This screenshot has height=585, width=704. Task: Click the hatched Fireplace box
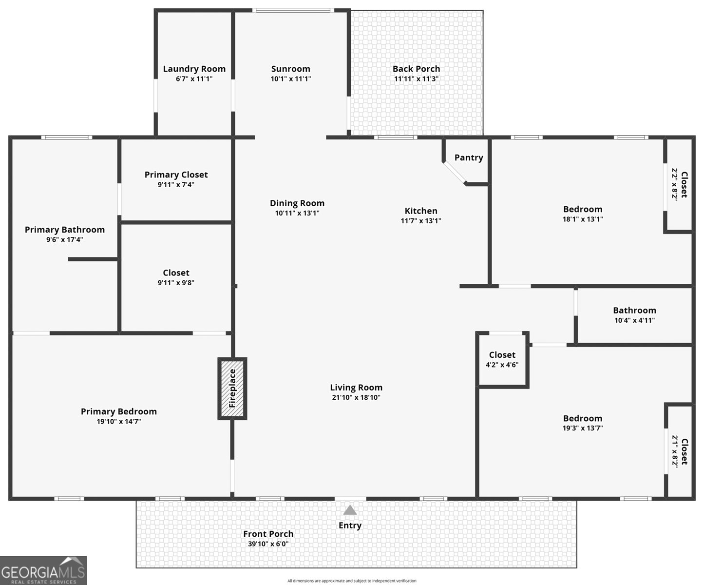(232, 389)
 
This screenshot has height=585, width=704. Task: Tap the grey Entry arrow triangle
(350, 510)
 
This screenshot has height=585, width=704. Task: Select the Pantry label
(469, 157)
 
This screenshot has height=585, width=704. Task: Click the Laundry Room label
(194, 69)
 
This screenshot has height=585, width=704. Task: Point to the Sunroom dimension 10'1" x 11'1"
(290, 78)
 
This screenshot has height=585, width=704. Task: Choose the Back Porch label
(416, 69)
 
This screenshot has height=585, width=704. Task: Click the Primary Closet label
(176, 175)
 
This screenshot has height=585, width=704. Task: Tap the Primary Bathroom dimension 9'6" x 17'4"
(65, 239)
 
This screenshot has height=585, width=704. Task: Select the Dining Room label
(297, 203)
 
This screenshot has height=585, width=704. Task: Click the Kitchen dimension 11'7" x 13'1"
(421, 220)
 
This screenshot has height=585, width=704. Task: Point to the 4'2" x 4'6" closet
(502, 360)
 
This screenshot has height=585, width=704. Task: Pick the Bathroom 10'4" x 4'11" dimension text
(634, 320)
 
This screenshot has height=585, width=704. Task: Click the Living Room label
(356, 388)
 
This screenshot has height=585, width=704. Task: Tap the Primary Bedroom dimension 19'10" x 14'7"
(119, 421)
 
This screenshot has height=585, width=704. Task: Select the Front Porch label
(268, 534)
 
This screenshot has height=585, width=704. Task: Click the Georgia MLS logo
(43, 570)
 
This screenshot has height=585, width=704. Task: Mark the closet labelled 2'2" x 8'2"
(680, 184)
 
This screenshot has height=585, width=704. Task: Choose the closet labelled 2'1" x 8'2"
(680, 451)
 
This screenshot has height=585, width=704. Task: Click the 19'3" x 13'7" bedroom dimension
(583, 428)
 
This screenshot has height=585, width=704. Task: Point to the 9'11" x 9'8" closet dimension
(176, 282)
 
